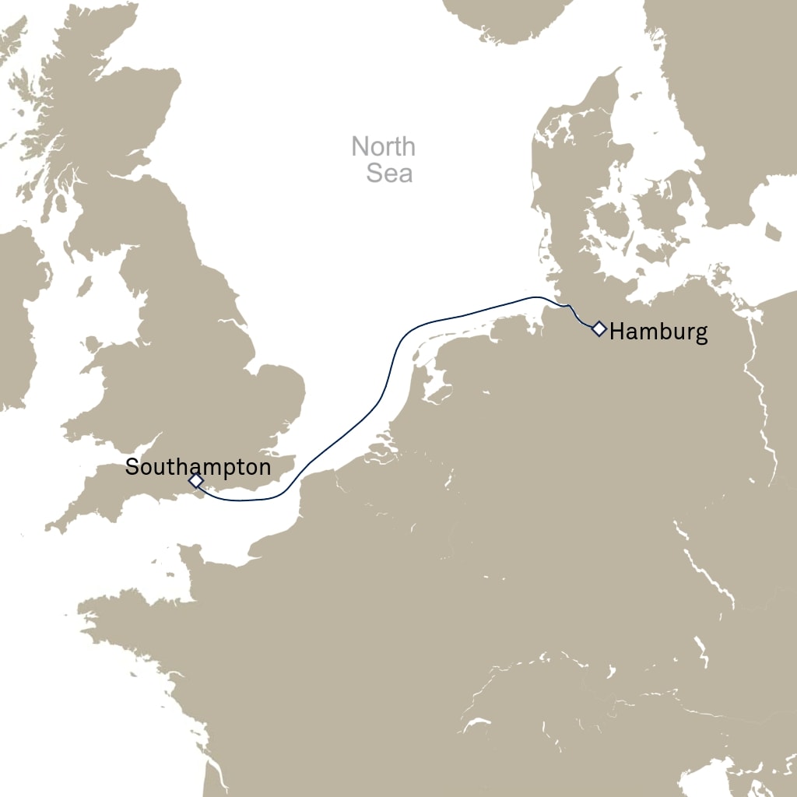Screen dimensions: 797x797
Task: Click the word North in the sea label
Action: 383,146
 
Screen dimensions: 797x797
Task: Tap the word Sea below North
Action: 389,173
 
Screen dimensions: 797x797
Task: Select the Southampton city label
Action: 198,467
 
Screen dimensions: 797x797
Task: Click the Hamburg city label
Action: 658,332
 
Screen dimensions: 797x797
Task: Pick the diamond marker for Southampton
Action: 195,482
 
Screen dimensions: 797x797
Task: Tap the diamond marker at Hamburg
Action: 599,328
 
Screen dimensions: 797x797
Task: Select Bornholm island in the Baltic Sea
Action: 773,231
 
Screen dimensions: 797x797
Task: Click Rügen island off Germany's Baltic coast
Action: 720,276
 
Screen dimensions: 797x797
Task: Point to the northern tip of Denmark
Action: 619,71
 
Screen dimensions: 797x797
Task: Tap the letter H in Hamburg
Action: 616,332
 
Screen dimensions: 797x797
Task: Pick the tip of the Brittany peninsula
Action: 81,608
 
